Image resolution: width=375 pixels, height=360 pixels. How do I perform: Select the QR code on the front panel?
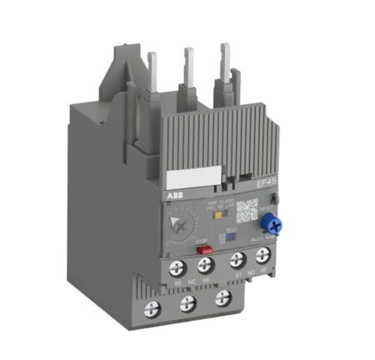point(247,209)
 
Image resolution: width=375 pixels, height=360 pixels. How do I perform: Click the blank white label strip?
point(194,178)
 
